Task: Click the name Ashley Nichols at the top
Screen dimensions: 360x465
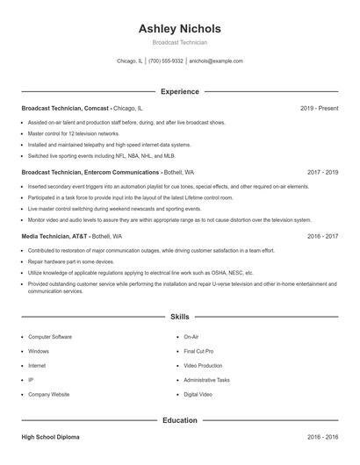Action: click(x=179, y=28)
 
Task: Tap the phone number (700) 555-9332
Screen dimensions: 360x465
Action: click(x=166, y=61)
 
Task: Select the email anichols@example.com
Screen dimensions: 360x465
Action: click(x=216, y=61)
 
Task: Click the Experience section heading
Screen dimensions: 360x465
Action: click(x=179, y=91)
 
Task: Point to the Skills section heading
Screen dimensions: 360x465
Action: click(x=179, y=316)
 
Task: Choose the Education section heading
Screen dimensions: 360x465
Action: click(x=179, y=420)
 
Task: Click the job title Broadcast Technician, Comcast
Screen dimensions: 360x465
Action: click(x=65, y=108)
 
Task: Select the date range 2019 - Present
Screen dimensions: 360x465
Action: click(x=320, y=108)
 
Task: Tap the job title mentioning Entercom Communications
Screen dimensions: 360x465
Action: click(x=90, y=173)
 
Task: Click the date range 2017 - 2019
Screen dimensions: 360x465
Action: click(x=323, y=173)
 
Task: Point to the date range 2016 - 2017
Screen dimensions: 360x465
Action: click(x=323, y=237)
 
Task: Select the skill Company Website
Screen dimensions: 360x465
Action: click(x=49, y=395)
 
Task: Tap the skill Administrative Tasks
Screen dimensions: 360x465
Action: click(x=207, y=380)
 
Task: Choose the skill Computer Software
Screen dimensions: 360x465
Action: click(x=50, y=336)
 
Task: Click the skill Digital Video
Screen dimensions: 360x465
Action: click(x=198, y=395)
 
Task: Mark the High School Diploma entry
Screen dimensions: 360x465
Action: click(x=52, y=437)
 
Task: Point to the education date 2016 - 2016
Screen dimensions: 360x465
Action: click(x=323, y=437)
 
